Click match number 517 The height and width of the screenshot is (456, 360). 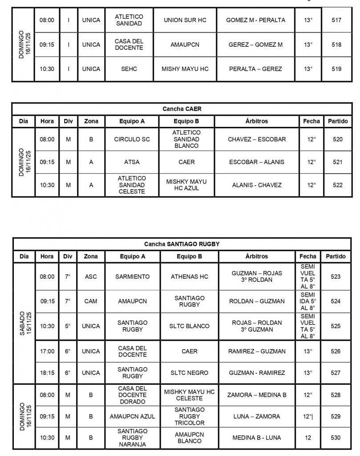(x=336, y=20)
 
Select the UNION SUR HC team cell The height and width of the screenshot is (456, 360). (x=185, y=20)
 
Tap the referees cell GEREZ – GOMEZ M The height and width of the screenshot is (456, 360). (x=255, y=45)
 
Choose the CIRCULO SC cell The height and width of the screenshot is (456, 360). (x=132, y=139)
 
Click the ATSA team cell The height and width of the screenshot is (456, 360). (x=132, y=162)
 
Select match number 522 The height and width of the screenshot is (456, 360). (x=338, y=185)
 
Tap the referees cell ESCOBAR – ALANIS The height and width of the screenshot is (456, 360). (x=256, y=162)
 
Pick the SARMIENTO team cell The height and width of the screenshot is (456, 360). (x=132, y=277)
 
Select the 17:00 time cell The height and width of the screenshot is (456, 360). (x=47, y=351)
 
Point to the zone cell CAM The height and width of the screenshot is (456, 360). (x=91, y=301)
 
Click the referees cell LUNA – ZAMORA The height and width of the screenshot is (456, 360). (x=257, y=416)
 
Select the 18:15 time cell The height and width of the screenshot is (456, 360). (x=47, y=373)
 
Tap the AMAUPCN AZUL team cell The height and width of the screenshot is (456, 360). (x=132, y=416)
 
